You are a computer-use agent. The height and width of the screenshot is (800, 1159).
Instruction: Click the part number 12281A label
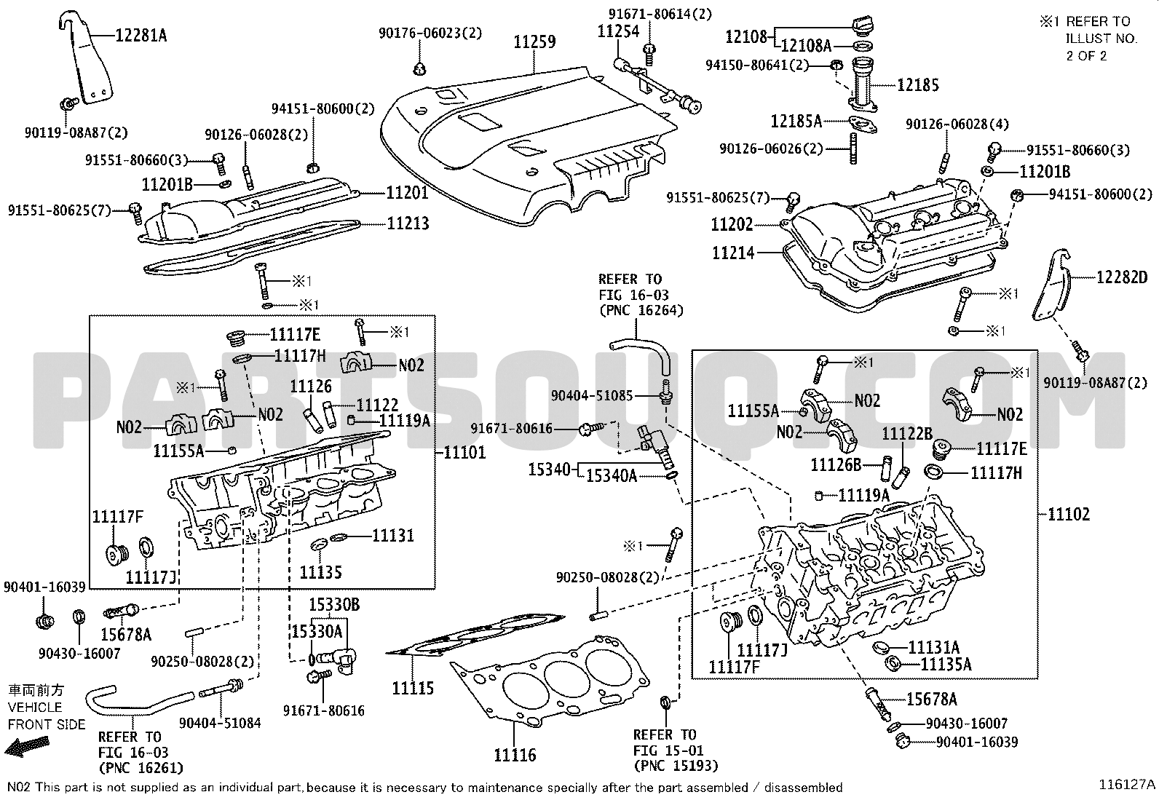(141, 34)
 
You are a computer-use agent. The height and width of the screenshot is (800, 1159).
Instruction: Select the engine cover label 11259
(534, 41)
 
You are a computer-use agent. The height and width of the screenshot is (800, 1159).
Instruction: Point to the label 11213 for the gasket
(408, 223)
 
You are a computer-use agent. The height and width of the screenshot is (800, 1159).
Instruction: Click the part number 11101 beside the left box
(464, 453)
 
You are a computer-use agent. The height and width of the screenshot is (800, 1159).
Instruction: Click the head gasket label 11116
(515, 755)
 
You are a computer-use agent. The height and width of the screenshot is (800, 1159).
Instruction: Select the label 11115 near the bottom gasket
(413, 688)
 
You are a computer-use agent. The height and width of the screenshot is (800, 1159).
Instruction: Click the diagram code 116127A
(1127, 784)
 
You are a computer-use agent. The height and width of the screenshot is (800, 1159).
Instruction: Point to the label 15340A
(612, 476)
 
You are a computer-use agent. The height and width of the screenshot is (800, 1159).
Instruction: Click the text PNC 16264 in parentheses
(641, 311)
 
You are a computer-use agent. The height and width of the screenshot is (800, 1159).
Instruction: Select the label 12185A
(796, 120)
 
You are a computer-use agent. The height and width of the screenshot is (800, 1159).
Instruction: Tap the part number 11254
(618, 31)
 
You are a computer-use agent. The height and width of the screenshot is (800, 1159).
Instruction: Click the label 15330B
(334, 605)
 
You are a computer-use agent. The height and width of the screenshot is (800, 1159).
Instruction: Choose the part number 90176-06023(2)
(430, 33)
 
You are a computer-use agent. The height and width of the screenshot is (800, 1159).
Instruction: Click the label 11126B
(836, 464)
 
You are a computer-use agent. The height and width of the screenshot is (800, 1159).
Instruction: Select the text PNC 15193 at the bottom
(676, 766)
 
